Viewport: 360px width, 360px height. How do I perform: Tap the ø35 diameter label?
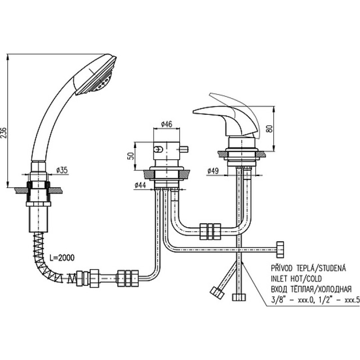tap(62, 170)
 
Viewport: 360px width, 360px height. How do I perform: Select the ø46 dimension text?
tap(166, 124)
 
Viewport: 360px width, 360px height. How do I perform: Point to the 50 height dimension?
tap(130, 156)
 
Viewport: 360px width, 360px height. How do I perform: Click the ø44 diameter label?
tap(140, 185)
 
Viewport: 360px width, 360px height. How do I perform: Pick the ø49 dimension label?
tap(213, 171)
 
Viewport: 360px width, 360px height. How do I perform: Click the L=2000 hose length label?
tap(62, 258)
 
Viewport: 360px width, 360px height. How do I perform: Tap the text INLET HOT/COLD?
tap(297, 279)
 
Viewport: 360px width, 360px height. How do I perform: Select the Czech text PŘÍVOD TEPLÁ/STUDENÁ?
tap(308, 268)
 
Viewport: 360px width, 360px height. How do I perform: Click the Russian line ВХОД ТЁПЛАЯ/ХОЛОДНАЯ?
tap(311, 289)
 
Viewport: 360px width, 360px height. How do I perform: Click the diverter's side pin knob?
tap(184, 149)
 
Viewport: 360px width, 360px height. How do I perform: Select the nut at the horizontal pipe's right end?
tap(280, 249)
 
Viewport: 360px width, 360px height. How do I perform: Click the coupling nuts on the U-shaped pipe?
tap(210, 231)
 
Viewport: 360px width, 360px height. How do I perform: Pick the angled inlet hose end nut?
tap(217, 293)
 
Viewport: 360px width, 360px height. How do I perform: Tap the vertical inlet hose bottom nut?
tap(239, 297)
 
